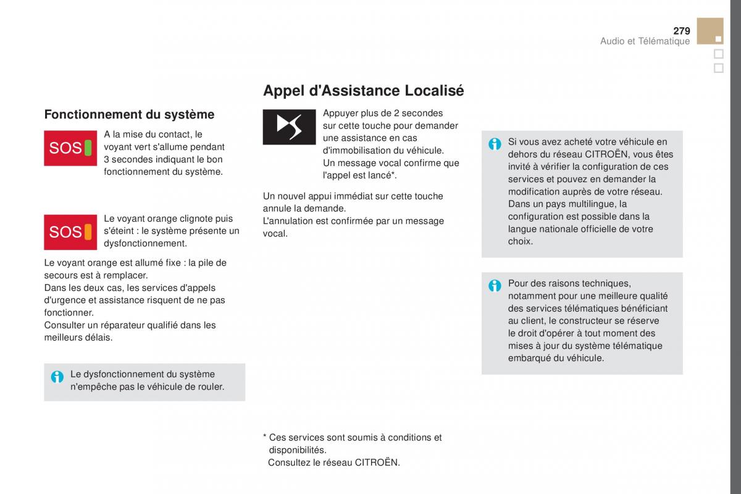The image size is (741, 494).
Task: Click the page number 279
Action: [681, 31]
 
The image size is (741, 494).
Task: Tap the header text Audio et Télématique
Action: [645, 41]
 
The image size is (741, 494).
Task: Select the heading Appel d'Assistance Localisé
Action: [363, 91]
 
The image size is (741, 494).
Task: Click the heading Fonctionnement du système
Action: [129, 114]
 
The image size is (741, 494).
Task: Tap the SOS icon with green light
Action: [70, 148]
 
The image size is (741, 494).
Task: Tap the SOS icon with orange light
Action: [70, 232]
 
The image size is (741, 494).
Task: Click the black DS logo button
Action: [289, 127]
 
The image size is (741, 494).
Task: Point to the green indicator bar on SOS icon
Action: [88, 148]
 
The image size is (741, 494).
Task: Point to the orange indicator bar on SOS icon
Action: [88, 232]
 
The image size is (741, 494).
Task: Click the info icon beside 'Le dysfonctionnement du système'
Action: [57, 377]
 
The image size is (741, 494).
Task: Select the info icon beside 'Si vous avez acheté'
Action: [495, 144]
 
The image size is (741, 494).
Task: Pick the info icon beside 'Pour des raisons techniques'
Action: [495, 286]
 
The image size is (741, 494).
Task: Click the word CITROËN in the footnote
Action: [377, 462]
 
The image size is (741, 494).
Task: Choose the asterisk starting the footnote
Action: [264, 437]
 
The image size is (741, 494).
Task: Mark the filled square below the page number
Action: [718, 39]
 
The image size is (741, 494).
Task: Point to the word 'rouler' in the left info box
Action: [210, 387]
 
